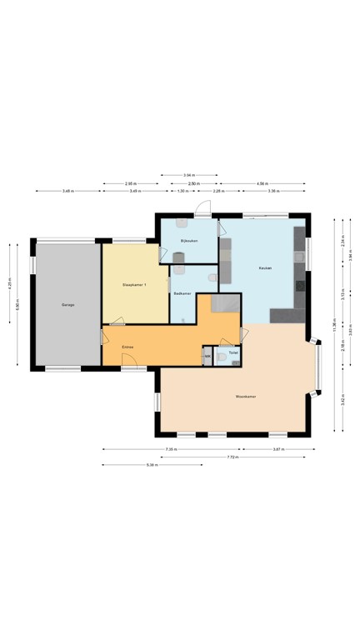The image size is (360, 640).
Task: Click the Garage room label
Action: (67, 305)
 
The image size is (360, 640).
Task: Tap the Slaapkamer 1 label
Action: (134, 285)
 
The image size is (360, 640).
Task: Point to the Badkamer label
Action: (182, 293)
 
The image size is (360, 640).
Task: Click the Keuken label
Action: (266, 268)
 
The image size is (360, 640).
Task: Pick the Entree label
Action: (128, 346)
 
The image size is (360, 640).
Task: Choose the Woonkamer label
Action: (245, 397)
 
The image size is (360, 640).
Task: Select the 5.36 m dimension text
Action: (151, 465)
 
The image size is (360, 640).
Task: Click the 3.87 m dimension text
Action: (278, 449)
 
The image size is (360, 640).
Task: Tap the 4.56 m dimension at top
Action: (262, 183)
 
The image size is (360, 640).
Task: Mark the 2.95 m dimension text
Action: (130, 183)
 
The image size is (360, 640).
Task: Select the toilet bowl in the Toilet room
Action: (222, 354)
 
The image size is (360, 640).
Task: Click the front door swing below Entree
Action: (129, 360)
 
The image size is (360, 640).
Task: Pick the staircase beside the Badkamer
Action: (222, 303)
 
